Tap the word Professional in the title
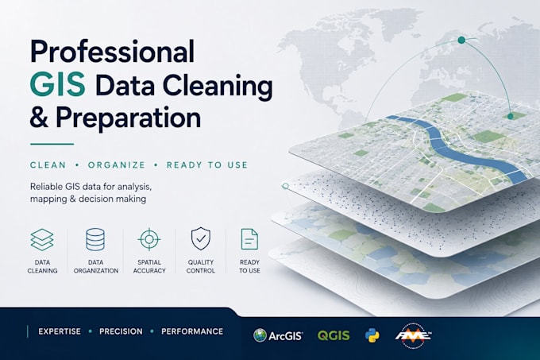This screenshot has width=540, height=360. pyautogui.click(x=113, y=51)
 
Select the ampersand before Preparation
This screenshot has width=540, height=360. pyautogui.click(x=39, y=117)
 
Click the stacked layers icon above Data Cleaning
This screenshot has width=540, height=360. pyautogui.click(x=42, y=239)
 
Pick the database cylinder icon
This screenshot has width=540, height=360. pyautogui.click(x=95, y=239)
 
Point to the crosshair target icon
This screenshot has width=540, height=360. pyautogui.click(x=149, y=239)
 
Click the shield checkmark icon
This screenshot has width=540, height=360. pyautogui.click(x=201, y=238)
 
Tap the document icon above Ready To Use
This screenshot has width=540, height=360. pyautogui.click(x=249, y=238)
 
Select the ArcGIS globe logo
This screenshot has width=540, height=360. pyautogui.click(x=260, y=335)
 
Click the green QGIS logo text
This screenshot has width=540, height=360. pyautogui.click(x=334, y=335)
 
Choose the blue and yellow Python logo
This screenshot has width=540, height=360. pyautogui.click(x=372, y=335)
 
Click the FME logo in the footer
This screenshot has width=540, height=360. pyautogui.click(x=413, y=335)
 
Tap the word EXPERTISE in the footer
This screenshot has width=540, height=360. pyautogui.click(x=60, y=331)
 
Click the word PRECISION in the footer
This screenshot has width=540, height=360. pyautogui.click(x=121, y=331)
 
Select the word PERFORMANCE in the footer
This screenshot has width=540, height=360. pyautogui.click(x=192, y=331)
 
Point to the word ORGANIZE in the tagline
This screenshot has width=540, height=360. pyautogui.click(x=117, y=165)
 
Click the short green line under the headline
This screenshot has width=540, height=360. pyautogui.click(x=52, y=144)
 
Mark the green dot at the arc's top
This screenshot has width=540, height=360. pyautogui.click(x=461, y=41)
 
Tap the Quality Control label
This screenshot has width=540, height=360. pyautogui.click(x=201, y=266)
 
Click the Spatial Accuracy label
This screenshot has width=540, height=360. pyautogui.click(x=149, y=266)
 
